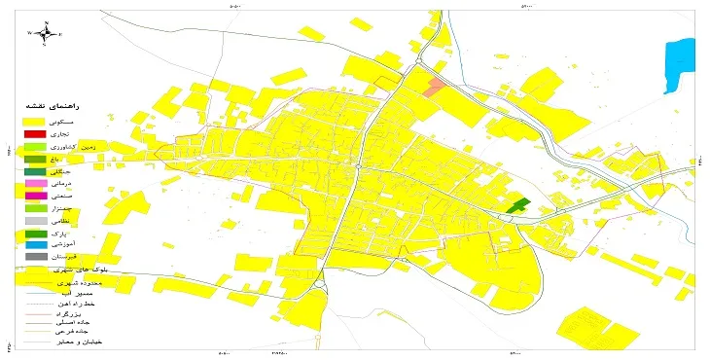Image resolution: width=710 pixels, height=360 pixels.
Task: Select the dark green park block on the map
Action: (518, 205)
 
